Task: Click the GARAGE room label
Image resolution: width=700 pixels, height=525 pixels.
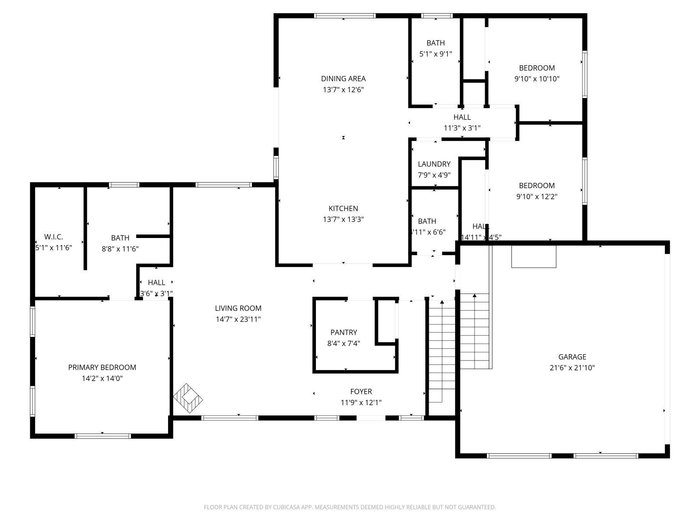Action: click(572, 357)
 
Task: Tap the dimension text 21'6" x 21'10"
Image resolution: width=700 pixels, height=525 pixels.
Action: click(572, 368)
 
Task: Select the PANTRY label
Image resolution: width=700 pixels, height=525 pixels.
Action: click(343, 332)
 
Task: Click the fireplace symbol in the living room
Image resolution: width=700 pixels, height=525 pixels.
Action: click(188, 398)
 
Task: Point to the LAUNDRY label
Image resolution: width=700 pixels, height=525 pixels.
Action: click(434, 164)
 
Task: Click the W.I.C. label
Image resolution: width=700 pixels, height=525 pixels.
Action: click(53, 237)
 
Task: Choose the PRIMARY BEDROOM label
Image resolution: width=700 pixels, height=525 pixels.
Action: click(102, 367)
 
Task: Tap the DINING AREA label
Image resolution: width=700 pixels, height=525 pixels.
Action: click(343, 79)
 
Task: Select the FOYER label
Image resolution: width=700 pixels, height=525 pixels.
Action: click(361, 392)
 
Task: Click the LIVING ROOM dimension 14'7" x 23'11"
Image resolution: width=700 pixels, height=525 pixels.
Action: click(238, 319)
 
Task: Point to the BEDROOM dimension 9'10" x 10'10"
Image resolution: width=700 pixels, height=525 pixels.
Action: click(537, 79)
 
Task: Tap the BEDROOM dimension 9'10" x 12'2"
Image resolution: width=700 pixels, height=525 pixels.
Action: click(537, 196)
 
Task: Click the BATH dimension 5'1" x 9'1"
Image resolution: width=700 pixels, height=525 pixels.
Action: click(435, 54)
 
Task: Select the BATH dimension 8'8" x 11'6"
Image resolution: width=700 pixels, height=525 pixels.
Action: click(120, 249)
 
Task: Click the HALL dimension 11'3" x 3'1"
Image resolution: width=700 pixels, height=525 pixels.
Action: click(462, 128)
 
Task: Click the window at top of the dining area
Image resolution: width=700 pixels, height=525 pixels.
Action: click(344, 16)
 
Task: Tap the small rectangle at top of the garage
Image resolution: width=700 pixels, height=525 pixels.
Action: click(534, 256)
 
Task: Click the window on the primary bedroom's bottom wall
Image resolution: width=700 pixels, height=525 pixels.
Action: click(103, 436)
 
